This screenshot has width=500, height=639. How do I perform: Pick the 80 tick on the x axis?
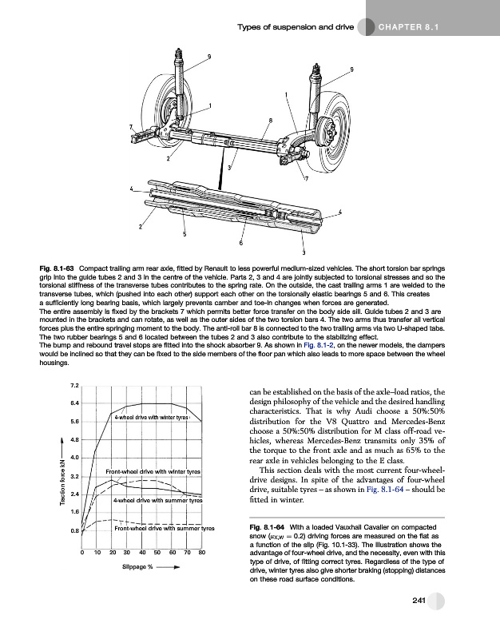point(201,552)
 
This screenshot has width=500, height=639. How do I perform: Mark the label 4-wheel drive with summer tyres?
point(156,501)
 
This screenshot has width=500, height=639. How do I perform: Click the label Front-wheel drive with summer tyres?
point(164,529)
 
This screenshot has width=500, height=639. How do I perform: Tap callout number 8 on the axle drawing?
point(271,120)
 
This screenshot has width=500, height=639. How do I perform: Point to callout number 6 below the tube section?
point(240,243)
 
